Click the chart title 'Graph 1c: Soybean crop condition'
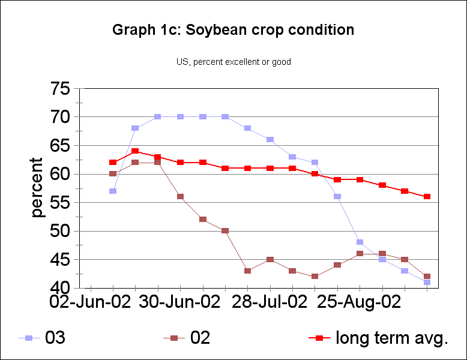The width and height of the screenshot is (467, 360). pos(233,29)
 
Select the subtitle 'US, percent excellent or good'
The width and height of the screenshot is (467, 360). pos(233,62)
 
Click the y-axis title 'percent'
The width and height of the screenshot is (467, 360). pos(37,188)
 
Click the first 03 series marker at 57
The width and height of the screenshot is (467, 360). pos(113,191)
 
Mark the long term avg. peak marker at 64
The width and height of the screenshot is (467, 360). pos(135,151)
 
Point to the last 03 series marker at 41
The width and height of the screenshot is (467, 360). pos(427,282)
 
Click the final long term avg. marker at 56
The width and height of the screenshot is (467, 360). pos(427,197)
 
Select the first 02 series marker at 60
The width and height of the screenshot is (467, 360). pos(113,174)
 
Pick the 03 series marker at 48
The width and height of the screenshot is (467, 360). pos(360,242)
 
